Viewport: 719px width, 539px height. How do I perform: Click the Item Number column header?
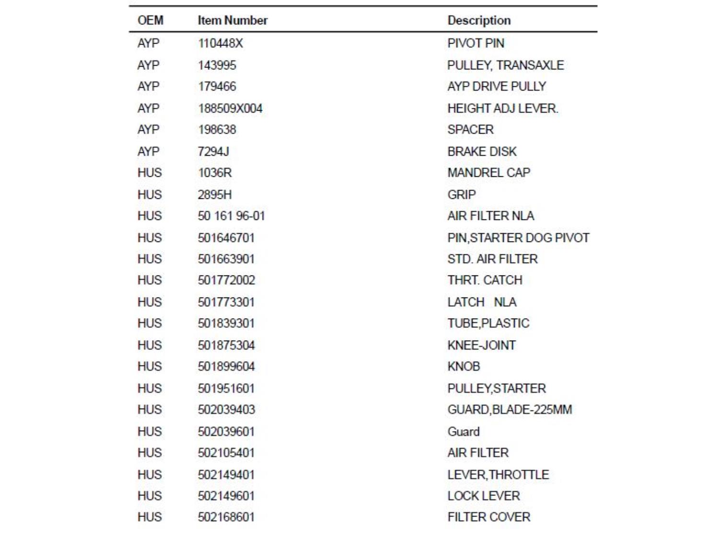pos(232,20)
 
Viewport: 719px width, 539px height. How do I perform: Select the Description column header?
pos(479,20)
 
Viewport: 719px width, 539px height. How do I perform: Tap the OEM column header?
pos(151,20)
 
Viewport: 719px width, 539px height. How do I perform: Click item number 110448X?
pos(220,43)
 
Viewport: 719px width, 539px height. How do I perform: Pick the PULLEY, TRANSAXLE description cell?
pos(505,65)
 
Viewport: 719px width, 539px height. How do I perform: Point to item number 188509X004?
pos(230,108)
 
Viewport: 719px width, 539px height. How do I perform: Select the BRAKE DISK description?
pos(482,151)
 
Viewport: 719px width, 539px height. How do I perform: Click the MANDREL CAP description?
pos(488,172)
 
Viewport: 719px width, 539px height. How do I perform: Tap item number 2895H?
pos(215,195)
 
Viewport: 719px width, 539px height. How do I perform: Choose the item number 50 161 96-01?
pos(231,216)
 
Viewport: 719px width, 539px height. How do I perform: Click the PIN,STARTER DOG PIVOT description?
pos(518,238)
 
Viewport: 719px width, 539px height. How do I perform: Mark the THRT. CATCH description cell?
pos(485,280)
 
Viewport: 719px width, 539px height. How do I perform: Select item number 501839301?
pos(226,323)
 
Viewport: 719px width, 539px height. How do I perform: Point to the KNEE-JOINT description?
pos(481,345)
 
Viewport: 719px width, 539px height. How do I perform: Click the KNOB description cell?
pos(464,366)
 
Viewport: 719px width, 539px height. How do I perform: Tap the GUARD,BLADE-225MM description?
pos(510,410)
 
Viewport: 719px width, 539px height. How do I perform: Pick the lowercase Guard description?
pos(463,431)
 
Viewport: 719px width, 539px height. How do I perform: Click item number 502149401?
pos(226,474)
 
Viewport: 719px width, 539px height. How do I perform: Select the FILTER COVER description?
pos(489,517)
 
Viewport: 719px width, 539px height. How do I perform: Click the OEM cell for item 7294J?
pos(148,151)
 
